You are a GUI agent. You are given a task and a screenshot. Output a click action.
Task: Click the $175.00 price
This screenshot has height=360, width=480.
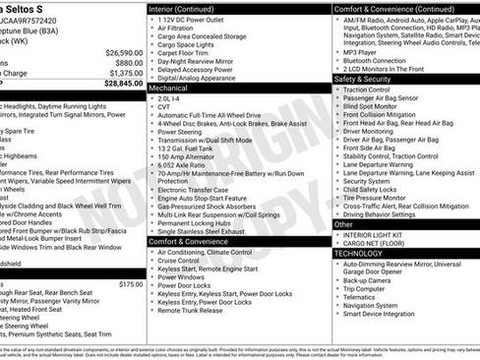pos(130,284)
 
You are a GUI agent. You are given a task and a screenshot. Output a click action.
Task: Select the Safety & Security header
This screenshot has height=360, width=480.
pos(363,79)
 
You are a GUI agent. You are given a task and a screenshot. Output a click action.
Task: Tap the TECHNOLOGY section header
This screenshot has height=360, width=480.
pos(363,253)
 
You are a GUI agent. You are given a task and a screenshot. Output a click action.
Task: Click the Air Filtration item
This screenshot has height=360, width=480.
pos(178,30)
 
